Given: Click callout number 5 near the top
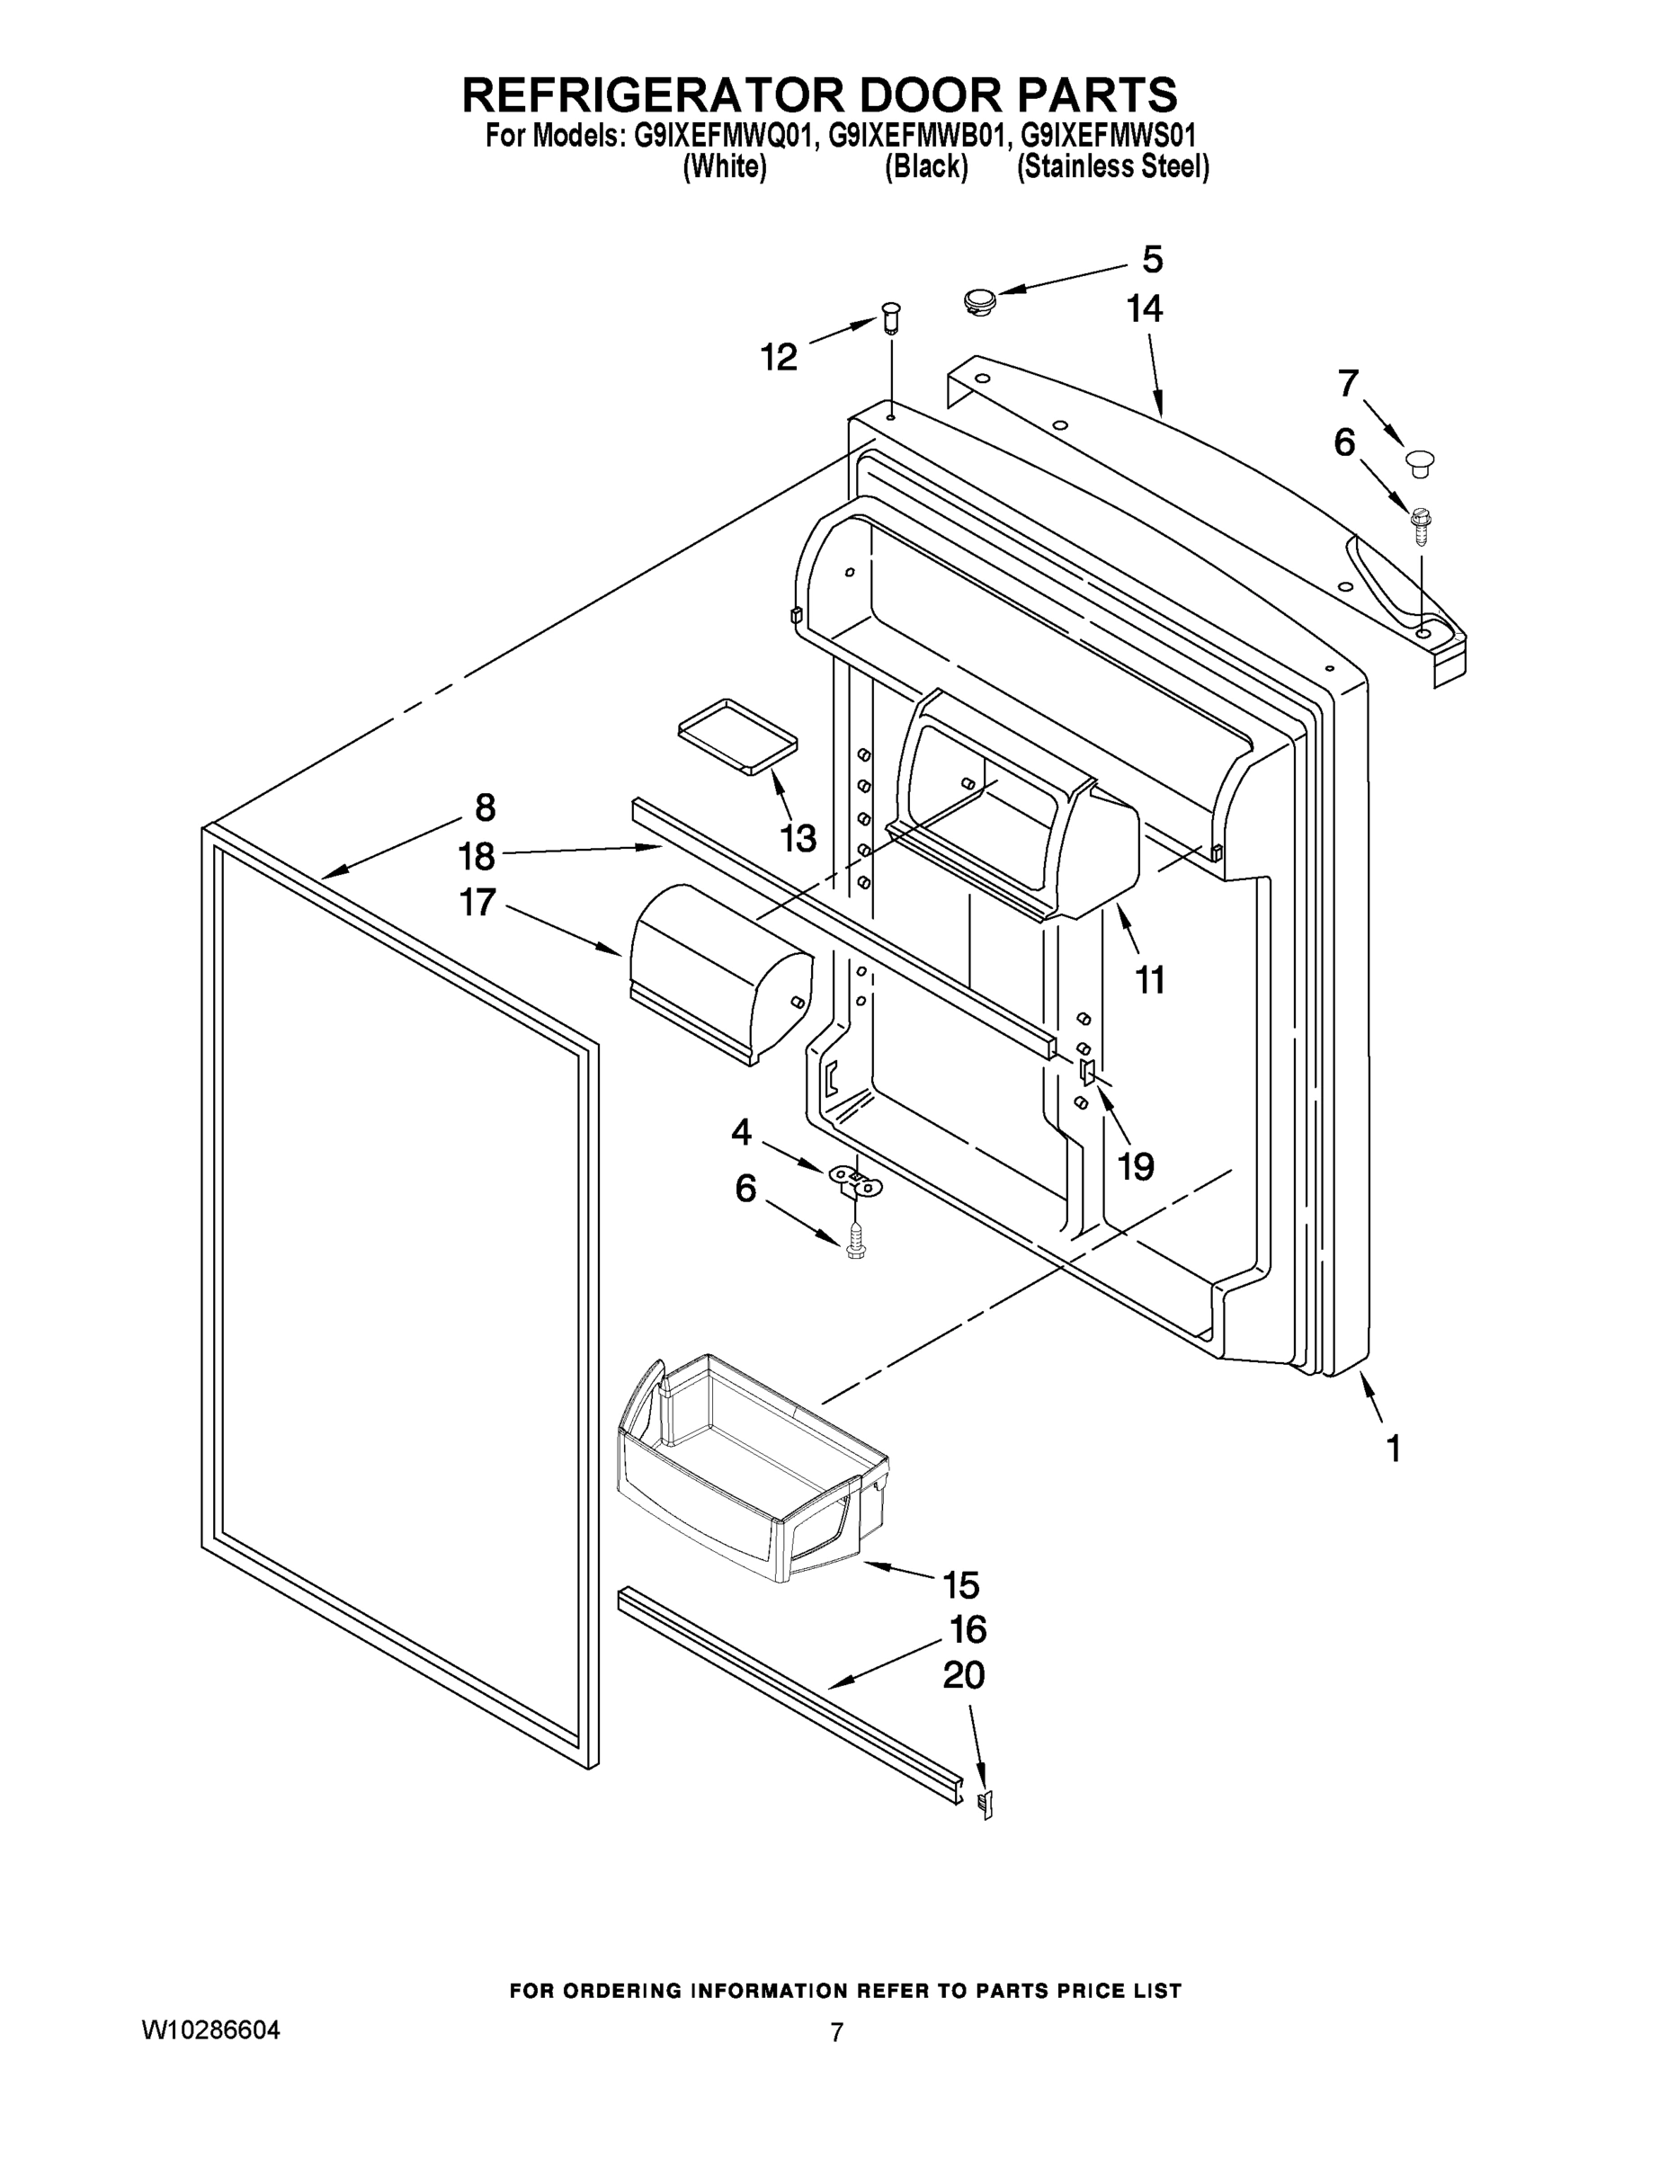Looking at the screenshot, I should click(x=1152, y=260).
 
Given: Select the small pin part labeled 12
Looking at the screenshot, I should click(x=890, y=319).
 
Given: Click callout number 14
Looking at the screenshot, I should click(x=1145, y=309).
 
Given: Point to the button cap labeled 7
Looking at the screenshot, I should click(x=1420, y=461).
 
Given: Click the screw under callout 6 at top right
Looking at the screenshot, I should click(x=1421, y=525).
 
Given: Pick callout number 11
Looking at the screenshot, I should click(x=1149, y=980).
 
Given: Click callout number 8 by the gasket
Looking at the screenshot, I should click(x=484, y=807).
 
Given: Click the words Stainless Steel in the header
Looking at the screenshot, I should click(x=1112, y=167).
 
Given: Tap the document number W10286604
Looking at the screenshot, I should click(x=211, y=2030).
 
